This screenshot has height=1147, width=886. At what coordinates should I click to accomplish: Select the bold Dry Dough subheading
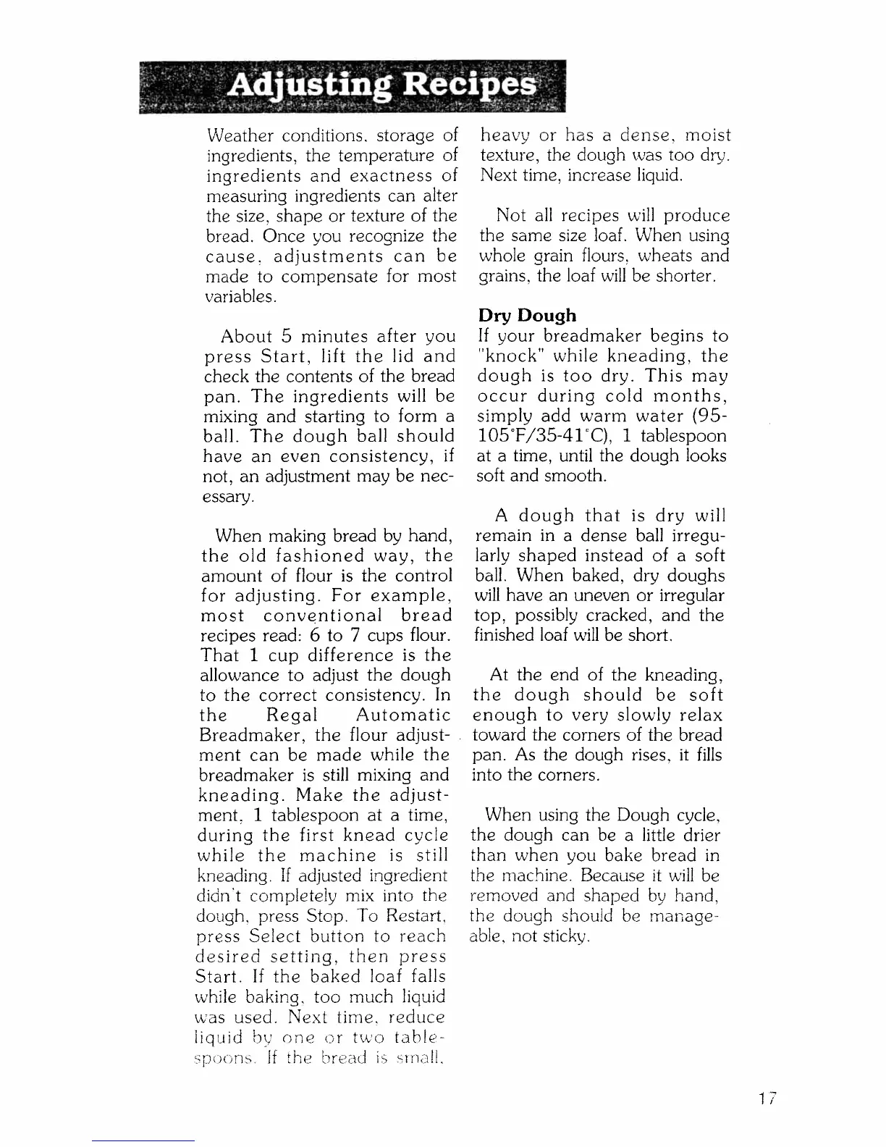click(527, 316)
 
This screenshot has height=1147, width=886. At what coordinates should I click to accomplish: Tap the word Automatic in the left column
click(404, 715)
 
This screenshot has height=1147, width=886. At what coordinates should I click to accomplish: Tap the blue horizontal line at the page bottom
click(143, 1141)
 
